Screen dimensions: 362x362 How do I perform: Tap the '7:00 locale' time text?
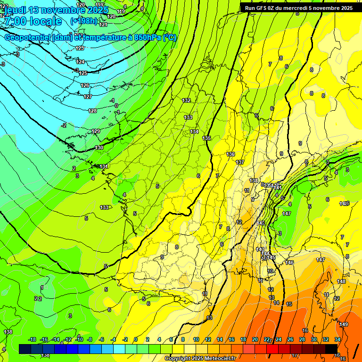[x=32, y=21]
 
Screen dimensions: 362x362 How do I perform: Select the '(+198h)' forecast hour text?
[x=83, y=21]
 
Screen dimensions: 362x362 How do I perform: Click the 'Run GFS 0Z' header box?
[x=297, y=8]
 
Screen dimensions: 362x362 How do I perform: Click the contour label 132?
[x=187, y=100]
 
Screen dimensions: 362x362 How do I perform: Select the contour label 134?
[x=194, y=132]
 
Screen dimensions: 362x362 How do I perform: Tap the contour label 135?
[x=206, y=138]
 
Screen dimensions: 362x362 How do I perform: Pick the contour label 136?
[x=230, y=154]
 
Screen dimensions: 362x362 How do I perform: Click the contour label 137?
[x=240, y=162]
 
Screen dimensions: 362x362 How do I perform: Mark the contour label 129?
[x=96, y=131]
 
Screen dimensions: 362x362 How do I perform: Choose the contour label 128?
[x=92, y=111]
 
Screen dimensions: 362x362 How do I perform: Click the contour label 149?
[x=344, y=324]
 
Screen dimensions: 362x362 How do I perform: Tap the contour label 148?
[x=341, y=281]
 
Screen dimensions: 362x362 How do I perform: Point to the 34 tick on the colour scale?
[x=337, y=339]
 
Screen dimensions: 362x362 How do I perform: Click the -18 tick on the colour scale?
[x=33, y=339]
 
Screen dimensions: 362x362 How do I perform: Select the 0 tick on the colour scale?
[x=135, y=339]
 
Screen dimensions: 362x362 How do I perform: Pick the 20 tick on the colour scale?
[x=255, y=339]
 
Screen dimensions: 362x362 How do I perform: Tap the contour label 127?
[x=88, y=97]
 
